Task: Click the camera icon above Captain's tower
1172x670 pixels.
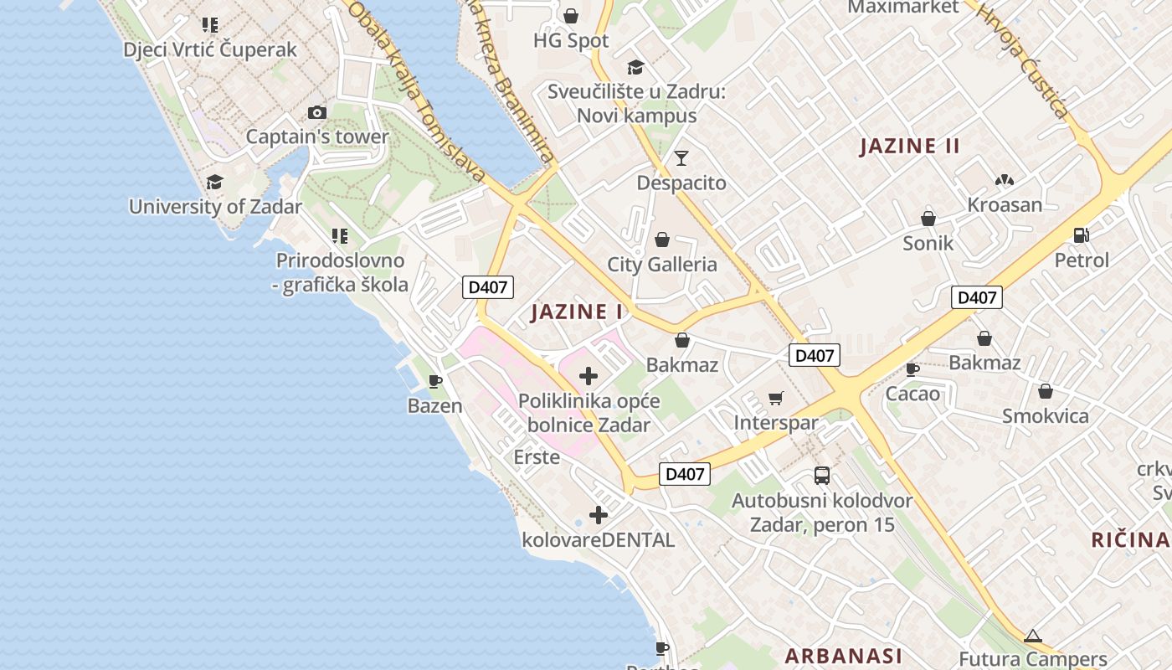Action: pyautogui.click(x=317, y=112)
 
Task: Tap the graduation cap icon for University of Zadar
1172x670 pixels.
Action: pyautogui.click(x=215, y=182)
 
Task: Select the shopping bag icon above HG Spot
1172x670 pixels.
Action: pyautogui.click(x=571, y=16)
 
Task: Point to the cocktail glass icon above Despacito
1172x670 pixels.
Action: pyautogui.click(x=681, y=157)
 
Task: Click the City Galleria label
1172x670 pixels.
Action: pyautogui.click(x=662, y=265)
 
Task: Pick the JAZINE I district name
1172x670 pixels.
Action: pyautogui.click(x=578, y=312)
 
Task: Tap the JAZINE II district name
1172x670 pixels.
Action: pyautogui.click(x=910, y=146)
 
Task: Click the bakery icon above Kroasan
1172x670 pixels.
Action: pyautogui.click(x=1005, y=180)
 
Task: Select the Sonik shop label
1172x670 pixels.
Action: pyautogui.click(x=928, y=244)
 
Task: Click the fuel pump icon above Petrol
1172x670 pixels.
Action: pyautogui.click(x=1082, y=235)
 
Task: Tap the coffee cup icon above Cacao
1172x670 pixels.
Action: pyautogui.click(x=912, y=368)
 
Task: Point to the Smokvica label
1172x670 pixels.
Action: pyautogui.click(x=1046, y=416)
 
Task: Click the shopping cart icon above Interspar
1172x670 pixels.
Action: pyautogui.click(x=776, y=398)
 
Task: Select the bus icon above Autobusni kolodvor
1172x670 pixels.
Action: pyautogui.click(x=822, y=476)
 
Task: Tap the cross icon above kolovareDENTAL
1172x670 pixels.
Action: pyautogui.click(x=599, y=515)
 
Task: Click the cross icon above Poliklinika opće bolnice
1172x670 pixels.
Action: pyautogui.click(x=589, y=376)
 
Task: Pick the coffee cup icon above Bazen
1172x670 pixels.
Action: pyautogui.click(x=435, y=382)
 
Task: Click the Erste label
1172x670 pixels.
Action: pyautogui.click(x=537, y=457)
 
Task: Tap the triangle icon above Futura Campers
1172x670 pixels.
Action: pyautogui.click(x=1032, y=636)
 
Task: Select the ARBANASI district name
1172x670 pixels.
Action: pyautogui.click(x=844, y=655)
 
